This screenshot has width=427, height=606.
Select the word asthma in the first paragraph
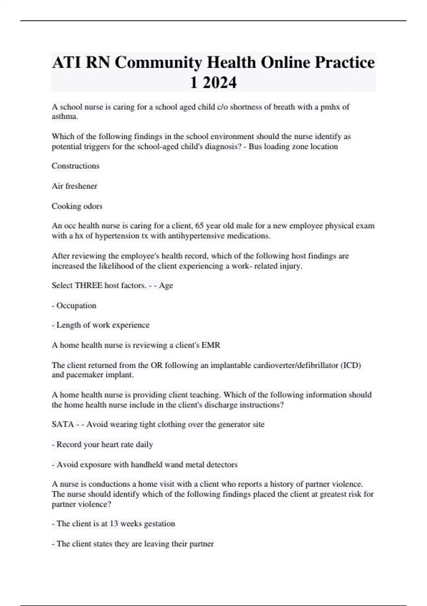(64, 117)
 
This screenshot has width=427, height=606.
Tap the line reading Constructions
(75, 166)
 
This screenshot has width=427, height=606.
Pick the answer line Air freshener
(74, 186)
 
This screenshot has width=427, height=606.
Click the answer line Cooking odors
(77, 206)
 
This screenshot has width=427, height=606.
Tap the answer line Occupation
(76, 306)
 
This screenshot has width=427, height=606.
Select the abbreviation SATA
(63, 425)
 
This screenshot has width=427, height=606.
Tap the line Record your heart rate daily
(105, 445)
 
